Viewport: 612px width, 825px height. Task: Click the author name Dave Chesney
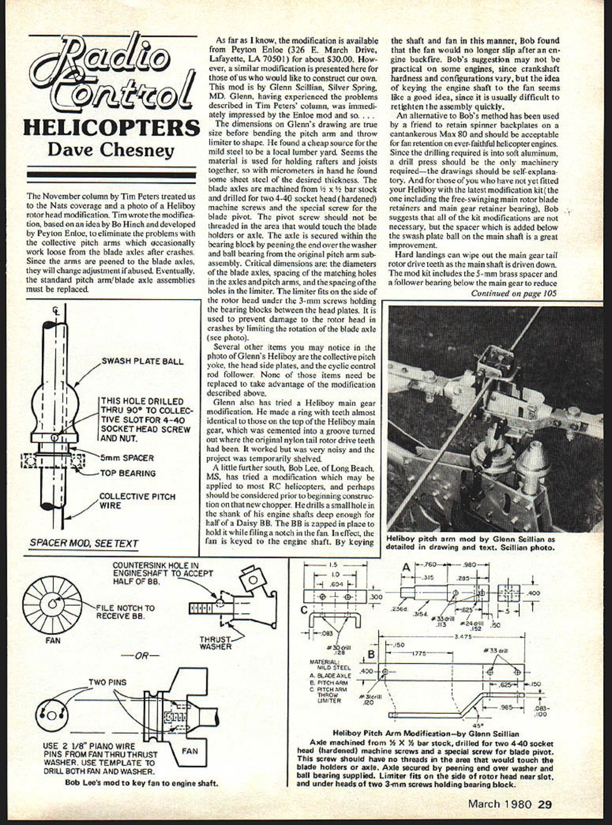(111, 149)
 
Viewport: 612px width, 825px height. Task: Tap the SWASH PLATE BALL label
(143, 361)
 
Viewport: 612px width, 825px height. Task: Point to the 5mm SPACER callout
(126, 458)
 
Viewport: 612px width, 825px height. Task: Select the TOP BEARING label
(127, 473)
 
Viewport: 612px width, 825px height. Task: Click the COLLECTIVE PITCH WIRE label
(137, 501)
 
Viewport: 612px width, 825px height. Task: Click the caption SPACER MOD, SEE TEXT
(84, 543)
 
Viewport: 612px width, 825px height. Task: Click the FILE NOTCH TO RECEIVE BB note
(126, 612)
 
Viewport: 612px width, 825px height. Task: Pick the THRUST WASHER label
(216, 643)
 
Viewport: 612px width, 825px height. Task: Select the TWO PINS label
(107, 682)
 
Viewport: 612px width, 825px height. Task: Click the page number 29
(545, 804)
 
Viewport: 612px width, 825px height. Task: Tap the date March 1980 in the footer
(501, 804)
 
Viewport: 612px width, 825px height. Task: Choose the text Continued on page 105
(514, 293)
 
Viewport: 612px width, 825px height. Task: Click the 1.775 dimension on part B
(419, 653)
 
